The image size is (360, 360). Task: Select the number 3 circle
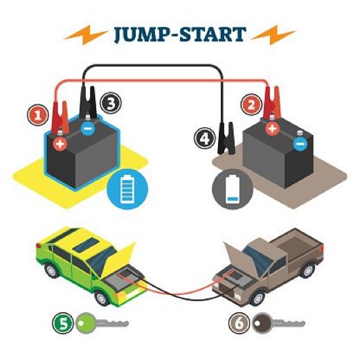pos(110,104)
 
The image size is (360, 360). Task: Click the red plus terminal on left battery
pos(60,144)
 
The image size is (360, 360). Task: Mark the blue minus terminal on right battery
pos(299,144)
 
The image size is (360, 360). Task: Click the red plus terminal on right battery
pos(273,128)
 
